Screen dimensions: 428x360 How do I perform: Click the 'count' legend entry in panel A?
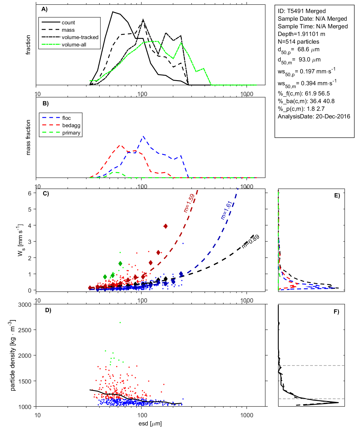click(x=68, y=23)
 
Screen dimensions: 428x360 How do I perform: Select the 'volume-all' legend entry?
click(x=74, y=45)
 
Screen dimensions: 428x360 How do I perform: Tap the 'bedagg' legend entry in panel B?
click(x=71, y=125)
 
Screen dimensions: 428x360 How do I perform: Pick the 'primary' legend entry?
click(x=71, y=133)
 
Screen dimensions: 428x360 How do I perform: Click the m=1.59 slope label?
click(x=189, y=203)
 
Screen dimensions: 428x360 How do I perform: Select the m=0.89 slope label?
click(x=251, y=242)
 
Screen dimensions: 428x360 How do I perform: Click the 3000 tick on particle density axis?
click(x=25, y=305)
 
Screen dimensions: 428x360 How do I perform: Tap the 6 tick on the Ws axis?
click(x=29, y=193)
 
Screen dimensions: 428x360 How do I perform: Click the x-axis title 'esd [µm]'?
click(x=150, y=424)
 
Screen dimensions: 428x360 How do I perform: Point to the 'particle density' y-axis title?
click(x=12, y=355)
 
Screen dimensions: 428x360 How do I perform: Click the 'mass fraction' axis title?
click(x=28, y=137)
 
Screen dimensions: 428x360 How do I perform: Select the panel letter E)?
click(x=337, y=195)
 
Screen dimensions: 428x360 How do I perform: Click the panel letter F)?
click(x=336, y=312)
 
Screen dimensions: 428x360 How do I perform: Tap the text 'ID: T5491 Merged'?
click(x=302, y=11)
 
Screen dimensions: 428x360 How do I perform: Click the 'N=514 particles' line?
click(x=298, y=42)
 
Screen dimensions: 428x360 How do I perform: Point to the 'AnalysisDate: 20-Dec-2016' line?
click(x=314, y=116)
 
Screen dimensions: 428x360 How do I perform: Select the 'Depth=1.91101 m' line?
click(x=301, y=34)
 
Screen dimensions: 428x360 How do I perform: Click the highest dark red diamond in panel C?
click(x=166, y=226)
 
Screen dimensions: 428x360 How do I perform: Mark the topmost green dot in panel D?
click(x=120, y=323)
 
